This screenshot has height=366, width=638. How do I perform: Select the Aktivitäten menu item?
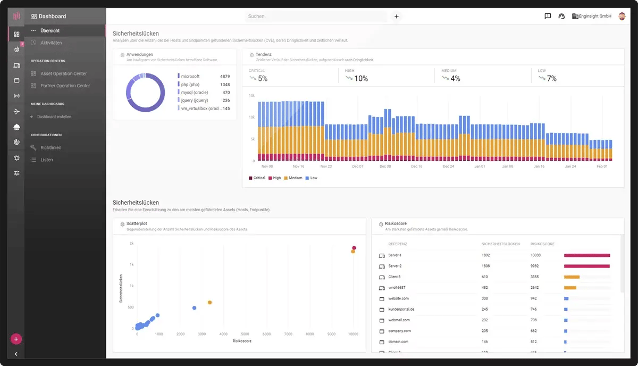point(51,43)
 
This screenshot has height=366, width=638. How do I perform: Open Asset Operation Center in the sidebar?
point(63,74)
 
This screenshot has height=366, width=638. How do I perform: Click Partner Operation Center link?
point(65,86)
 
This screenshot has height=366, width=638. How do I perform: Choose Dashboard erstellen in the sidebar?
point(54,117)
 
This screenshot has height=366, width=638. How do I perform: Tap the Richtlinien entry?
point(51,148)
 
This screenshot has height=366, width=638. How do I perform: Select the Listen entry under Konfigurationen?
point(47,160)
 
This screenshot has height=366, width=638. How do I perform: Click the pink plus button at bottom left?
point(16,339)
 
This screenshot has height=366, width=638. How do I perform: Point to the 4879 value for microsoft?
point(224,77)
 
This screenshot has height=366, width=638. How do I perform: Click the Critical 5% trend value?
point(263,79)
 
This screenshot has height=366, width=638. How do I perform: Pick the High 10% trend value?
point(360,79)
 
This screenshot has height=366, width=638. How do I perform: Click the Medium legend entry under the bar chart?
point(295,178)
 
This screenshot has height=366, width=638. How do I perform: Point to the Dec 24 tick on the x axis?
point(449,167)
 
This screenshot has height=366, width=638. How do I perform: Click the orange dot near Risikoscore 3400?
point(209,303)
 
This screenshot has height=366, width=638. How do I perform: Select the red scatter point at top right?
point(354,248)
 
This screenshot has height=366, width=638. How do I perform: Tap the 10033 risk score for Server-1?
point(536,255)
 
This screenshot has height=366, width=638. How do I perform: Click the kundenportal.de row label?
point(401,309)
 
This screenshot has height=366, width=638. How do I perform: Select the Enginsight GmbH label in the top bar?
point(594,16)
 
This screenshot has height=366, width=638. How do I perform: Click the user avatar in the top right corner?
point(623,16)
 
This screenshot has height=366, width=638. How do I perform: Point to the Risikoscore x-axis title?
point(242,341)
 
